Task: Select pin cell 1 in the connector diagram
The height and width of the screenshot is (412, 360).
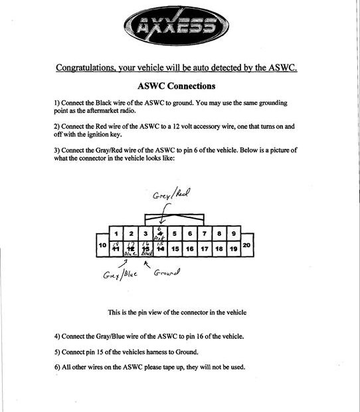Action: [x=117, y=234]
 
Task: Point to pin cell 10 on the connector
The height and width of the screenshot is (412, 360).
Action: [x=102, y=245]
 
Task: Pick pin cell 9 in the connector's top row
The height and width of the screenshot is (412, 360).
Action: [x=233, y=234]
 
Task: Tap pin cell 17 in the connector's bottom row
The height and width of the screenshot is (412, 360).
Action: [x=205, y=249]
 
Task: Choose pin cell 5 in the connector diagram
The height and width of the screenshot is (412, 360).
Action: [x=175, y=234]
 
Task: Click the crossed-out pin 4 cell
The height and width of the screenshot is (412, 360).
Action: [x=160, y=234]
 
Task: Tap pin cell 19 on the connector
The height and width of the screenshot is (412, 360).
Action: [x=233, y=249]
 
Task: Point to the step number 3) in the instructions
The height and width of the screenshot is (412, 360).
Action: [x=58, y=150]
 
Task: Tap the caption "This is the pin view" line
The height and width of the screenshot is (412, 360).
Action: [x=179, y=312]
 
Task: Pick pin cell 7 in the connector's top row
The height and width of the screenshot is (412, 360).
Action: [x=205, y=234]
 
